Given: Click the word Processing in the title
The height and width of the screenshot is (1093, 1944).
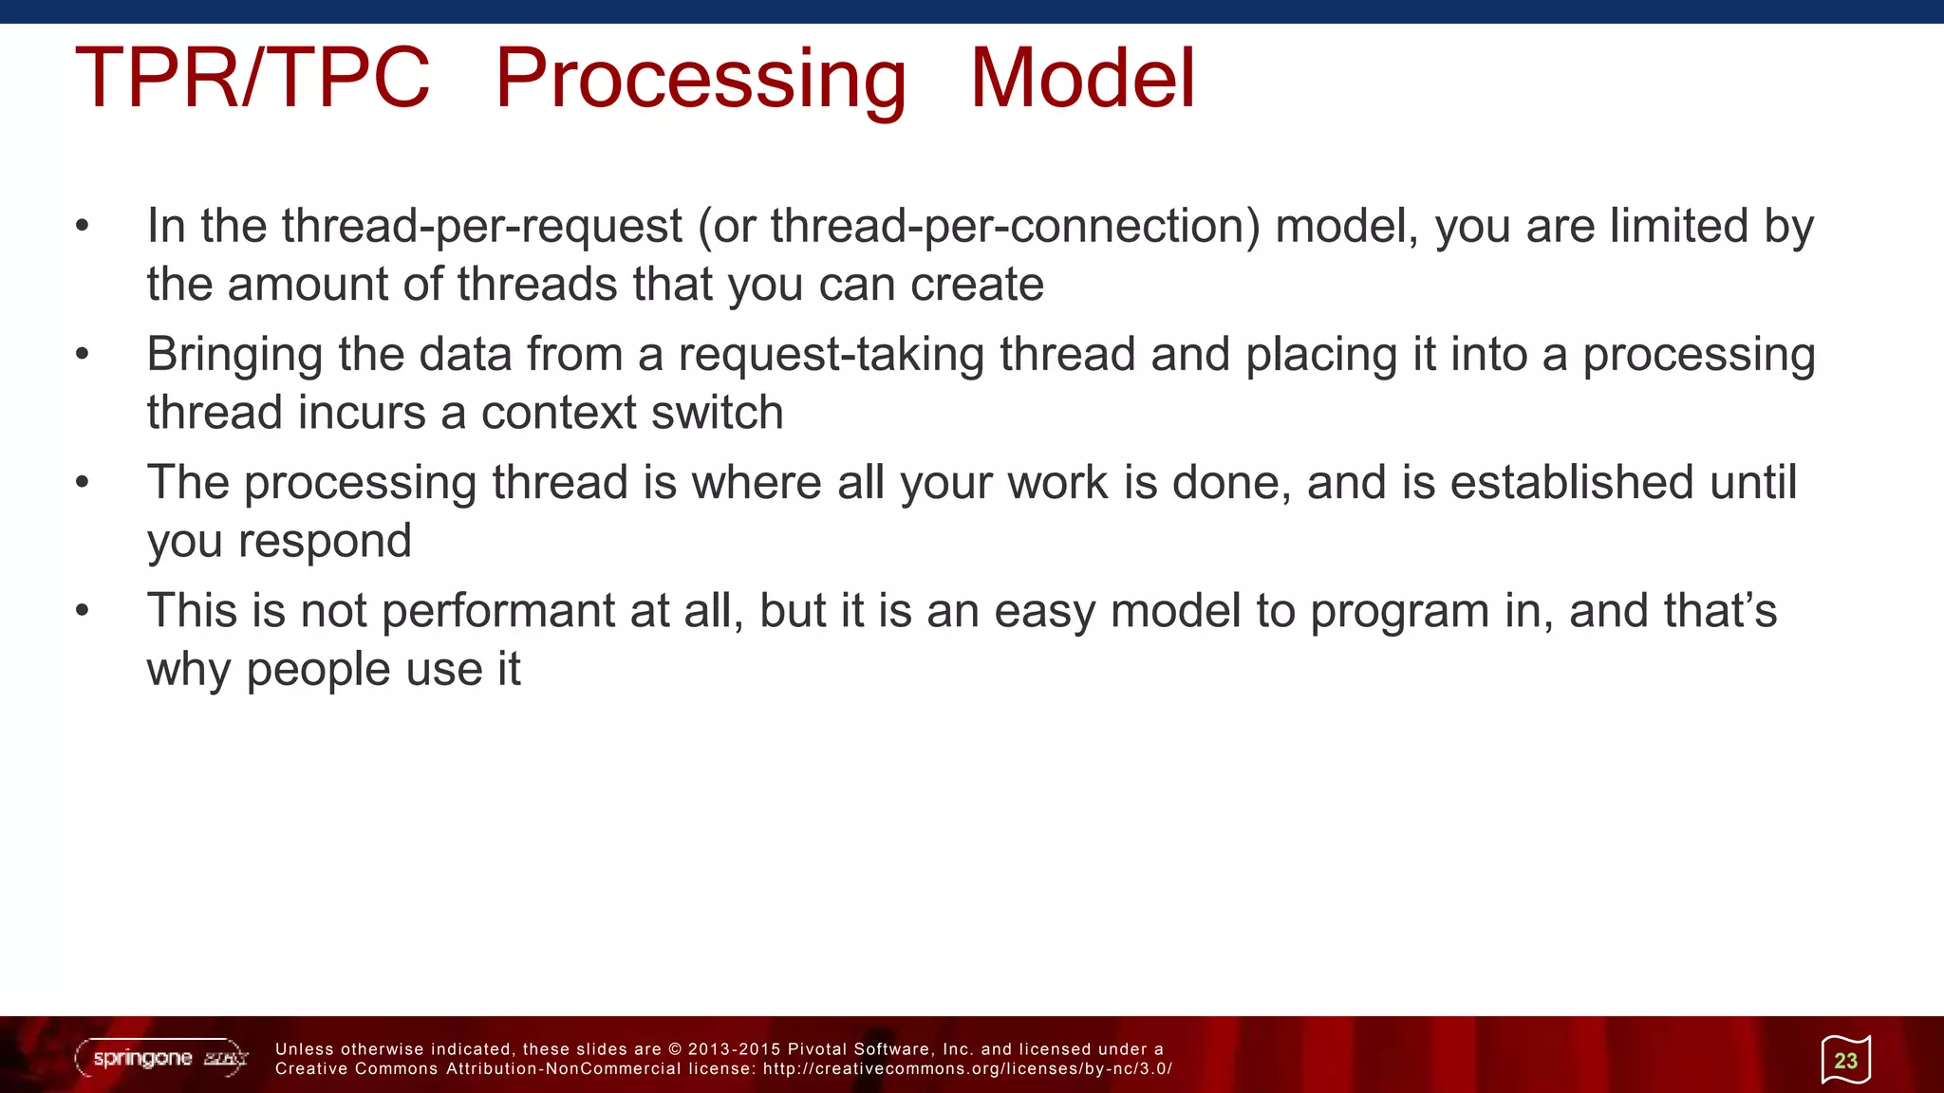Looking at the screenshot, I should [x=701, y=80].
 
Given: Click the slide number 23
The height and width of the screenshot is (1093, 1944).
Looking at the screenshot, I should [x=1845, y=1061].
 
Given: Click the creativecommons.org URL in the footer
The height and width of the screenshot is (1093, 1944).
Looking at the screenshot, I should [x=967, y=1069].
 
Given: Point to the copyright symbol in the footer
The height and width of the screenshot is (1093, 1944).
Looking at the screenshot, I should [x=675, y=1049].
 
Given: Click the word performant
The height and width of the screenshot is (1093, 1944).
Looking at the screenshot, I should [x=498, y=612].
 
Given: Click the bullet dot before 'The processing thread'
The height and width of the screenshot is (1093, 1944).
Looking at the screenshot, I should [x=83, y=483].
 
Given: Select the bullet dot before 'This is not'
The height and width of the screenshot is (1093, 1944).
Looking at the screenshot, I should [x=83, y=611].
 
